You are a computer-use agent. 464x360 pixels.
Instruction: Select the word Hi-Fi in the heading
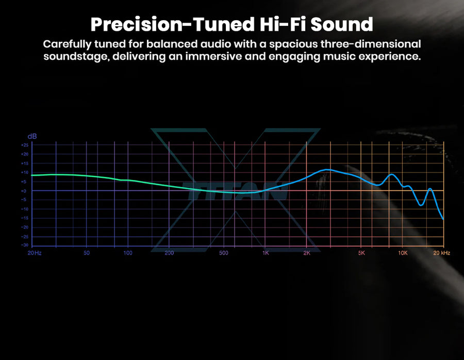283,24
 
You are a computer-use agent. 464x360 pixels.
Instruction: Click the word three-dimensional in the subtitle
371,44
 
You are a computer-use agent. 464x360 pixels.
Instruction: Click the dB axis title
32,137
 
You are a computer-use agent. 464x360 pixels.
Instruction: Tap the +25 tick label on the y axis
25,145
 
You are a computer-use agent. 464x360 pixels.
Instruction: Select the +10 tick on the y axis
25,172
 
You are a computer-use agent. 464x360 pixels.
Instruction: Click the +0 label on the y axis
24,191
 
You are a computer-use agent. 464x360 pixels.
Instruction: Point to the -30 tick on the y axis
25,245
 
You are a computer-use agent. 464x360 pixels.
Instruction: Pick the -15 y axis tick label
25,218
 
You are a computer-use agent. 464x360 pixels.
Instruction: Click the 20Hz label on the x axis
35,253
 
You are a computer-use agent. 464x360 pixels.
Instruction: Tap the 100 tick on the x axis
128,253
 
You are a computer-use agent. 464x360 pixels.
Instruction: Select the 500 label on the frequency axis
224,253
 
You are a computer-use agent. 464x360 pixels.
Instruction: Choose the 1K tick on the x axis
266,253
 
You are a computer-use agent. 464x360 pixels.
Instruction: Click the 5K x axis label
361,253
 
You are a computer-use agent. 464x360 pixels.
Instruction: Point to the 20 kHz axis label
442,253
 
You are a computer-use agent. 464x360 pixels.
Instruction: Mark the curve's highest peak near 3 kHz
327,170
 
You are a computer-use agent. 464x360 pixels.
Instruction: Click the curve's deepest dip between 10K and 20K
421,205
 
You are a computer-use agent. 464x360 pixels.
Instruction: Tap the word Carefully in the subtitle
67,44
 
